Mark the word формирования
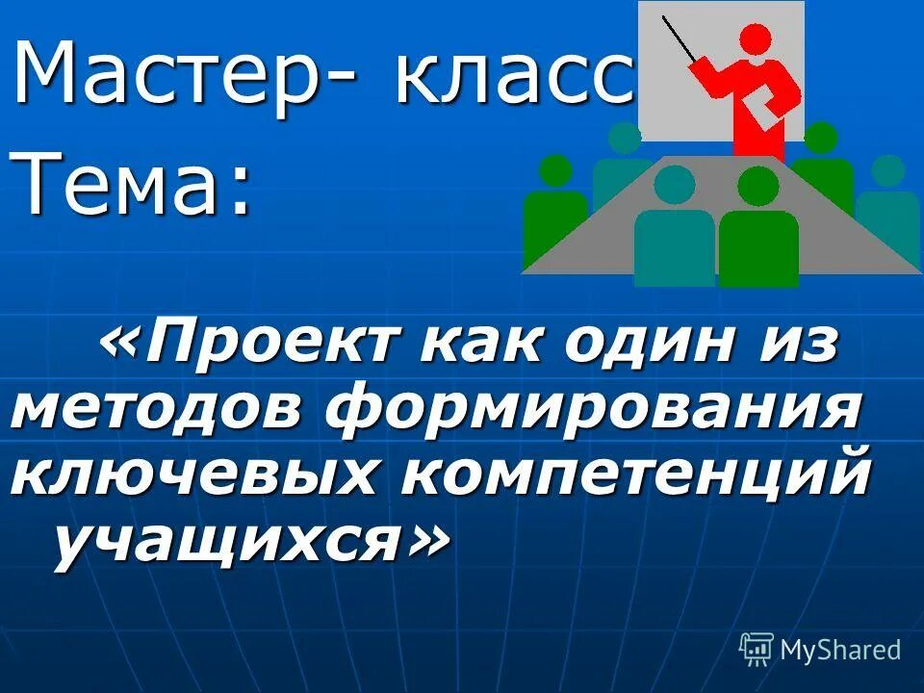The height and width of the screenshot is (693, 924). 591,408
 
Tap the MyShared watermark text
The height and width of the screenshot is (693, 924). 840,650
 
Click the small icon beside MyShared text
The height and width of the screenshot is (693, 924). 756,650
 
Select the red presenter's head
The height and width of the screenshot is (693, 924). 756,40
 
